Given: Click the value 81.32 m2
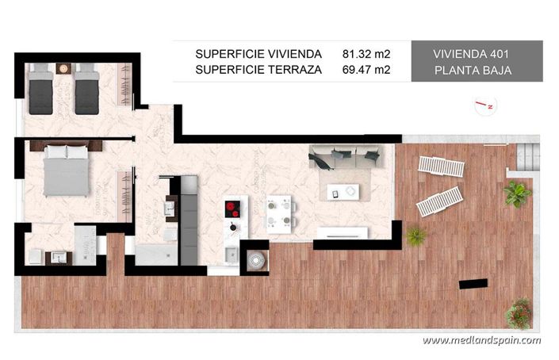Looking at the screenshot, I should (366, 54).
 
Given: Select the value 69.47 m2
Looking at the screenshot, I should (366, 71).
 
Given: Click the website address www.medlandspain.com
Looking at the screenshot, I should (481, 340).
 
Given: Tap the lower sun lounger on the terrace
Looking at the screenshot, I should (438, 200).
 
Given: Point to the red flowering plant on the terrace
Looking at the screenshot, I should (519, 311).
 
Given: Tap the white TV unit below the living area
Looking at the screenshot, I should (342, 233).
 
